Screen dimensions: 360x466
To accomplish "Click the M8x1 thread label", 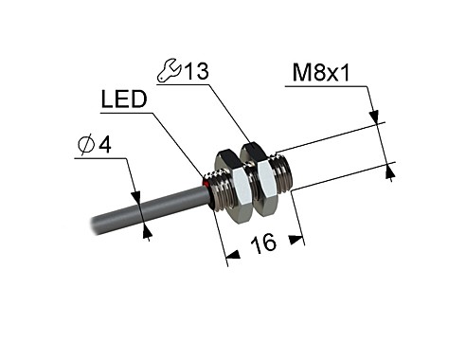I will (323, 72).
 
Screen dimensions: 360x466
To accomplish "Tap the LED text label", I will (122, 99).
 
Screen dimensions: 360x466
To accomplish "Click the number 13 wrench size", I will (195, 70).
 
